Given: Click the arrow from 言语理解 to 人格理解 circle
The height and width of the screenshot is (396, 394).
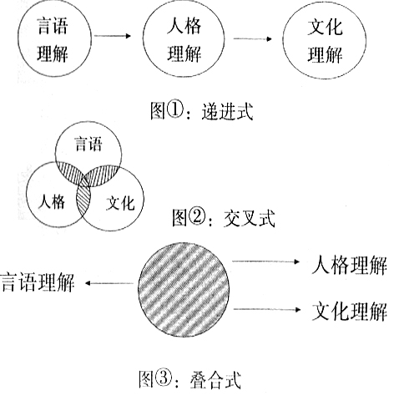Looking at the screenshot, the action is pos(113,36).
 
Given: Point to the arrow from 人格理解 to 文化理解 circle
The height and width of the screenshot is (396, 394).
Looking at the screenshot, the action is pos(253,38).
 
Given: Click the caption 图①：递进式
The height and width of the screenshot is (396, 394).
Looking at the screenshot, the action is pos(202,111).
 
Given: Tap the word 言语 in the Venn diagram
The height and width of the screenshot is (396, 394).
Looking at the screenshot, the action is pos(88,144).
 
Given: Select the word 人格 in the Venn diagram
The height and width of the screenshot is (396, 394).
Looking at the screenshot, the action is pos(52,201).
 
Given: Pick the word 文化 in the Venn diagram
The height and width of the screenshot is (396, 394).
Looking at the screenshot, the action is pos(120,203).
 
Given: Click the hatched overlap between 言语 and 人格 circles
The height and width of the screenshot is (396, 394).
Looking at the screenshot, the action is pos(72,173).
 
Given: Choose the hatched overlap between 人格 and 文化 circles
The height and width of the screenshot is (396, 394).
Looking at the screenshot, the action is pos(83,200).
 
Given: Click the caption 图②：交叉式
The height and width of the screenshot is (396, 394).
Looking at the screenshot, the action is pos(224,218).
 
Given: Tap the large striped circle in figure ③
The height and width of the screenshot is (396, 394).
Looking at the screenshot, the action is pos(184,290).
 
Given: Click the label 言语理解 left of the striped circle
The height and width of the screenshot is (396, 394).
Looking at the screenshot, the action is pos(38,282).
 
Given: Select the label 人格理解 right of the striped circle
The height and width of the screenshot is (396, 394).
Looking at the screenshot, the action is pos(349,265).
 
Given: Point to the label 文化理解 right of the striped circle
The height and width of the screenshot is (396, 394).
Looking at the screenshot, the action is pos(350,312).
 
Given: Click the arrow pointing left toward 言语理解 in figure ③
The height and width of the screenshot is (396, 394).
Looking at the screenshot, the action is pos(109,283).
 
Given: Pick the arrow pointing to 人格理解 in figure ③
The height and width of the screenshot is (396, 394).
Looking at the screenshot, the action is pos(266,261).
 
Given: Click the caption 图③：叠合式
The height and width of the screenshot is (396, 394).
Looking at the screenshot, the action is pos(189,379).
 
